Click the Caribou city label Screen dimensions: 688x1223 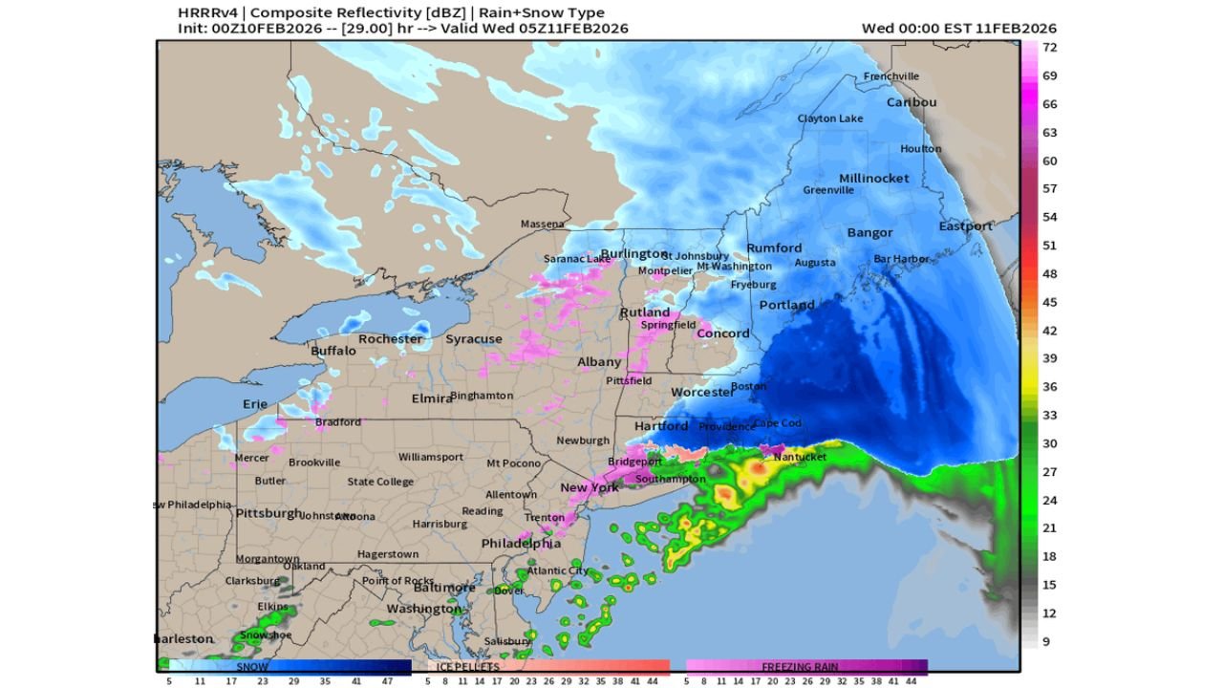click(x=912, y=102)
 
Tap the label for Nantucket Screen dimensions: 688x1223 click(x=800, y=457)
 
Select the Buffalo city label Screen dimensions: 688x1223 click(x=333, y=351)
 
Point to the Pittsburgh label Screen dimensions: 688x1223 click(x=269, y=513)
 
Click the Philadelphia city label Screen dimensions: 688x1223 click(x=521, y=543)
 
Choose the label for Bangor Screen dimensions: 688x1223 click(x=869, y=232)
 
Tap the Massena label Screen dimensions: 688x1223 click(x=542, y=225)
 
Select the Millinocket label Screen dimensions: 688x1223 click(x=873, y=179)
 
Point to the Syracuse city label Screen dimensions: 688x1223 click(x=473, y=339)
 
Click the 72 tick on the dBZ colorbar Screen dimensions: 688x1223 click(x=1048, y=47)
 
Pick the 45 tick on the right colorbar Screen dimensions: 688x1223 click(x=1048, y=302)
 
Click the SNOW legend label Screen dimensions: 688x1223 click(x=252, y=666)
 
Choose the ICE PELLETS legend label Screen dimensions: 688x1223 click(x=467, y=666)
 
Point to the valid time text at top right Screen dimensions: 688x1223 click(x=958, y=28)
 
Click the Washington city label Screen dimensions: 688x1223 click(x=423, y=609)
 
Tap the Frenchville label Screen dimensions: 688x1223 click(x=890, y=76)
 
